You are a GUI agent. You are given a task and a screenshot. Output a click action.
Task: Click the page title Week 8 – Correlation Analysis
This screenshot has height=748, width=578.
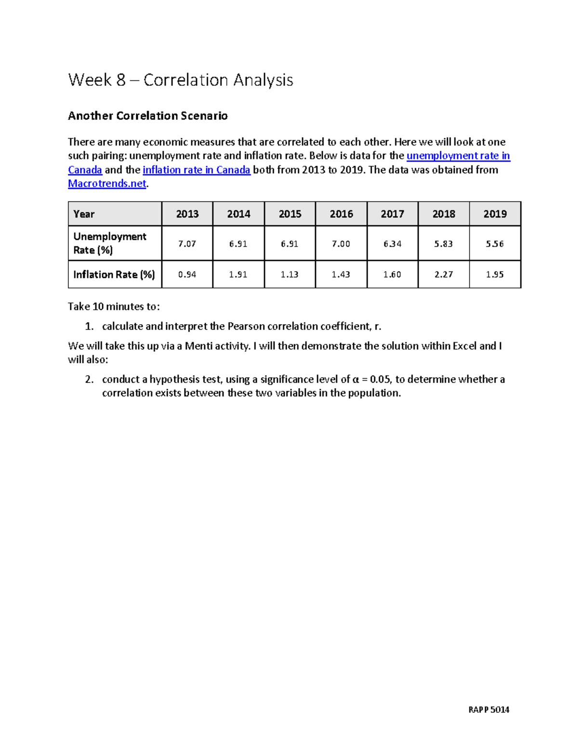click(x=181, y=80)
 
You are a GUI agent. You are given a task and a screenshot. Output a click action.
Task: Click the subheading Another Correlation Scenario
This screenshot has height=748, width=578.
click(x=147, y=116)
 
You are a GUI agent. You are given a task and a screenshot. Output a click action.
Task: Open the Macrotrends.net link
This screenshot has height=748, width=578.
click(x=107, y=184)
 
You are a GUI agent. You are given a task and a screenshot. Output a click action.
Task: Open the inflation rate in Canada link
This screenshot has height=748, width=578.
click(x=197, y=170)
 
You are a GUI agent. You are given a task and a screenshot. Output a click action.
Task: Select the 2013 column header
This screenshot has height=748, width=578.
click(x=187, y=214)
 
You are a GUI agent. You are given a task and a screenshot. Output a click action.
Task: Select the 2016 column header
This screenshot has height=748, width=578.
click(x=341, y=214)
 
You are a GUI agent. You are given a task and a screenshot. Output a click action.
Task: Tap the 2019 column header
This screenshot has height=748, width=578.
click(x=495, y=214)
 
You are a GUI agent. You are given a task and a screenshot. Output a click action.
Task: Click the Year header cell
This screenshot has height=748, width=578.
click(x=84, y=214)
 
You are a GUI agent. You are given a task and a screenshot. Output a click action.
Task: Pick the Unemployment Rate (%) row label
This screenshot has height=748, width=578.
click(x=110, y=243)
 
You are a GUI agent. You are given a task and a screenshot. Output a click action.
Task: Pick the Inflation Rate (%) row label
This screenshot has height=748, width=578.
click(x=114, y=275)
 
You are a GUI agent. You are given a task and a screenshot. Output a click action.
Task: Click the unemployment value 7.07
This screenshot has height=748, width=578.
click(x=187, y=244)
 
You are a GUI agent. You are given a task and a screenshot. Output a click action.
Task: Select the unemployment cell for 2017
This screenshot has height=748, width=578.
click(x=392, y=244)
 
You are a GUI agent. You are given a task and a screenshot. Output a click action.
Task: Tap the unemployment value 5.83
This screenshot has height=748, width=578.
click(x=443, y=244)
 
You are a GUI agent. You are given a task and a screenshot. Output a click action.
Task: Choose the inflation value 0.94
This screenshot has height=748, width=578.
click(x=187, y=275)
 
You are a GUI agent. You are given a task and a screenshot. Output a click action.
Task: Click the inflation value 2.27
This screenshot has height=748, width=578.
click(x=443, y=275)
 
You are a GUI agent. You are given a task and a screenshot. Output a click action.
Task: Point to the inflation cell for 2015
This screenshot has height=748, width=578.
click(x=289, y=275)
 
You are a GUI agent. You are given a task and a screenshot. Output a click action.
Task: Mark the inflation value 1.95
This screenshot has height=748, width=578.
click(x=495, y=275)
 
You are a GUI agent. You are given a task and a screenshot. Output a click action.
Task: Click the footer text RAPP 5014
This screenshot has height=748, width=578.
click(x=488, y=709)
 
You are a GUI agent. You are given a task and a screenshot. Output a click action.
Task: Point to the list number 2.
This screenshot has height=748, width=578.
click(x=89, y=380)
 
